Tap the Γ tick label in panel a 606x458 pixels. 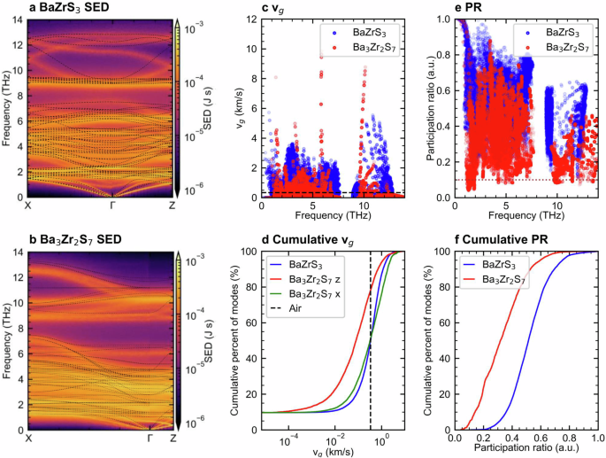pos(112,206)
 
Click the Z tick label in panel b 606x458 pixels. pos(173,439)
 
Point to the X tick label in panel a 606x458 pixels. pos(29,206)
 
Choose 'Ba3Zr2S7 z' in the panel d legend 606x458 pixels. pos(310,278)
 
